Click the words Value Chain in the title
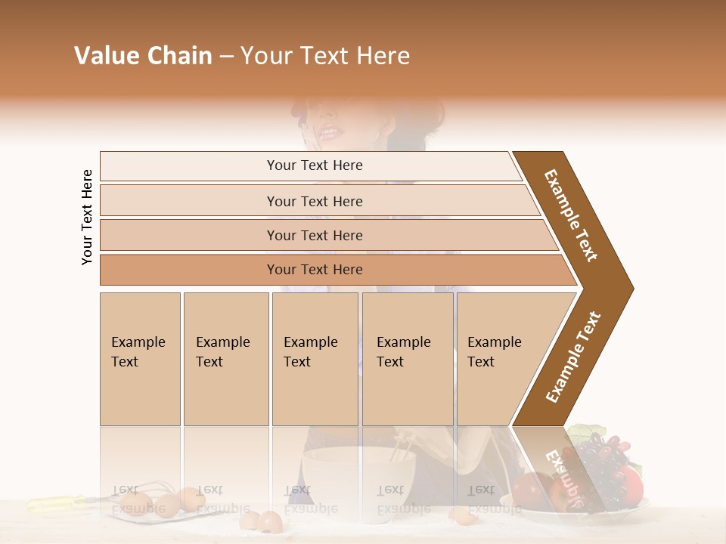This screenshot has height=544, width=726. click(143, 56)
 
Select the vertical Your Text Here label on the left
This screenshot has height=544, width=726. click(87, 217)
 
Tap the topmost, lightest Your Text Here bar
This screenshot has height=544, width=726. click(314, 165)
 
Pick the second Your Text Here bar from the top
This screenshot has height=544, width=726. click(314, 201)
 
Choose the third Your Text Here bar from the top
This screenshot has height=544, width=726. click(314, 235)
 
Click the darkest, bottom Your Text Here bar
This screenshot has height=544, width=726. click(314, 270)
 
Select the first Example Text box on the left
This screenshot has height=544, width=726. click(140, 358)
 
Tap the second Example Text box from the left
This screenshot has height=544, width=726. click(225, 358)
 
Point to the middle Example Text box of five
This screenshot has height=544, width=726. click(315, 358)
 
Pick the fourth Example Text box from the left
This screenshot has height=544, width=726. click(407, 358)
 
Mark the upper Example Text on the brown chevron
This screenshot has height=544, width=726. click(571, 215)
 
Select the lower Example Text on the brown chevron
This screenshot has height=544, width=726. click(573, 357)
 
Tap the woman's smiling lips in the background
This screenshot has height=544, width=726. click(328, 133)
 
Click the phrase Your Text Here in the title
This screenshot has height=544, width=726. click(325, 56)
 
